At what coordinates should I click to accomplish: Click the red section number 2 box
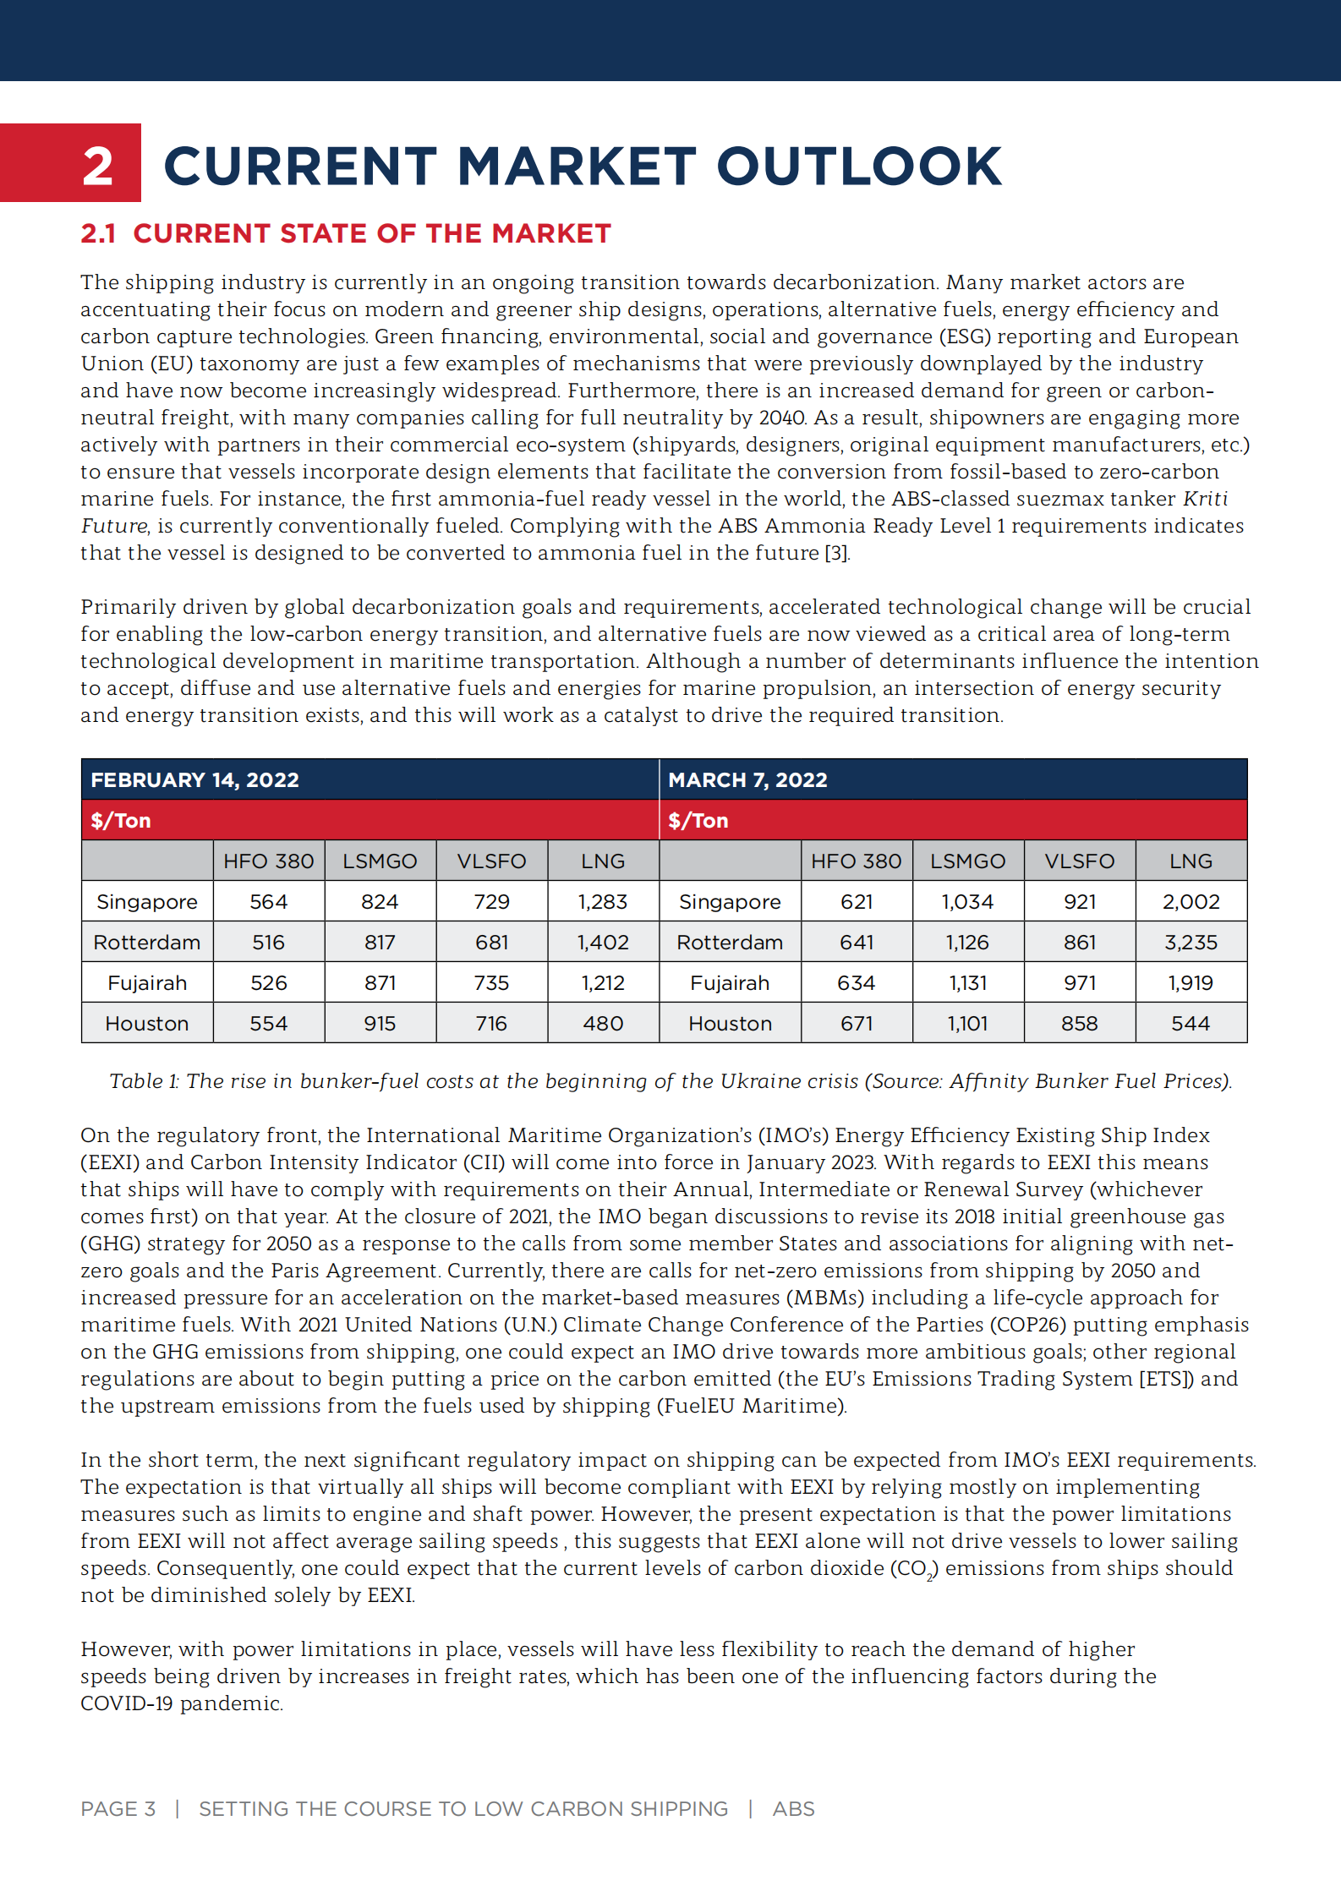pyautogui.click(x=71, y=163)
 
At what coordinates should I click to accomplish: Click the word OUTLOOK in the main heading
pyautogui.click(x=858, y=166)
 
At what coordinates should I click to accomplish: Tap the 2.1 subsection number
pyautogui.click(x=98, y=233)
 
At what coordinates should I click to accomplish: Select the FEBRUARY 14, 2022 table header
pyautogui.click(x=195, y=779)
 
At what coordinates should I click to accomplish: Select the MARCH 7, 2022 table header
pyautogui.click(x=747, y=779)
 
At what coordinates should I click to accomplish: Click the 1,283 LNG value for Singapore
pyautogui.click(x=603, y=902)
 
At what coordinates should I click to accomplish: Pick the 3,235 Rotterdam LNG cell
pyautogui.click(x=1190, y=943)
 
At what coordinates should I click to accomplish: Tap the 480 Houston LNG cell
pyautogui.click(x=603, y=1024)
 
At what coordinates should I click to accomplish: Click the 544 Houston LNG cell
pyautogui.click(x=1190, y=1024)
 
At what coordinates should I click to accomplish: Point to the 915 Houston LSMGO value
pyautogui.click(x=380, y=1024)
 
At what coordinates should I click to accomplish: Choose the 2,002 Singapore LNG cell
pyautogui.click(x=1190, y=902)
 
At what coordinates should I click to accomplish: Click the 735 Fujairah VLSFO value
pyautogui.click(x=491, y=983)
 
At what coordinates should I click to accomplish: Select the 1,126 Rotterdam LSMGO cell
pyautogui.click(x=967, y=943)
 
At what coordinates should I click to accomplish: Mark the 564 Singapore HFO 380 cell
pyautogui.click(x=268, y=902)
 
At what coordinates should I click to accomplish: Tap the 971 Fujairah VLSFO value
pyautogui.click(x=1080, y=983)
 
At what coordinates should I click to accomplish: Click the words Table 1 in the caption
pyautogui.click(x=144, y=1081)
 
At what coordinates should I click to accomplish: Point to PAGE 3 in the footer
pyautogui.click(x=118, y=1808)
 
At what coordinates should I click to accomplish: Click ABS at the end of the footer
pyautogui.click(x=793, y=1808)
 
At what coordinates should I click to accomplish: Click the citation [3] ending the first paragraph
pyautogui.click(x=836, y=553)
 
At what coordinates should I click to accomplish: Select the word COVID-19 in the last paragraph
pyautogui.click(x=127, y=1703)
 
